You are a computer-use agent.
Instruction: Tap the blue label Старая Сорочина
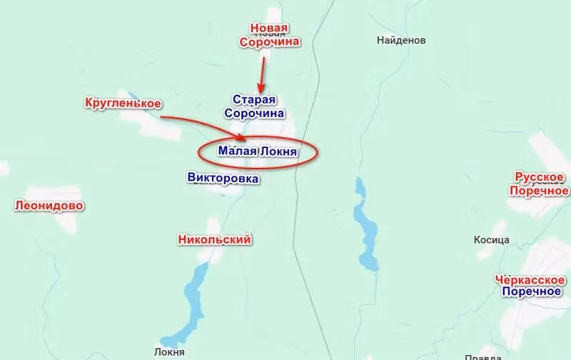[x=254, y=106]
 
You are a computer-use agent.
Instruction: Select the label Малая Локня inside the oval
[x=257, y=151]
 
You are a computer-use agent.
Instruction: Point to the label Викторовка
[x=222, y=179]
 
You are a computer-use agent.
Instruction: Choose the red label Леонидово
[x=49, y=206]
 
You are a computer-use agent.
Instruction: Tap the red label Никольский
[x=214, y=240]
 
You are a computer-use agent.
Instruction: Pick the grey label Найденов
[x=401, y=41]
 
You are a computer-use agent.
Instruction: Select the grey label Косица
[x=491, y=241]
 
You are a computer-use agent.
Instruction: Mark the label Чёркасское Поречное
[x=531, y=285]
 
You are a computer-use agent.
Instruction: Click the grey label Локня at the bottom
[x=169, y=352]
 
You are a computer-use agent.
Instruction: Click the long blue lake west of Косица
[x=365, y=225]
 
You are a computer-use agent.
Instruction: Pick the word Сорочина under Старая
[x=254, y=113]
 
